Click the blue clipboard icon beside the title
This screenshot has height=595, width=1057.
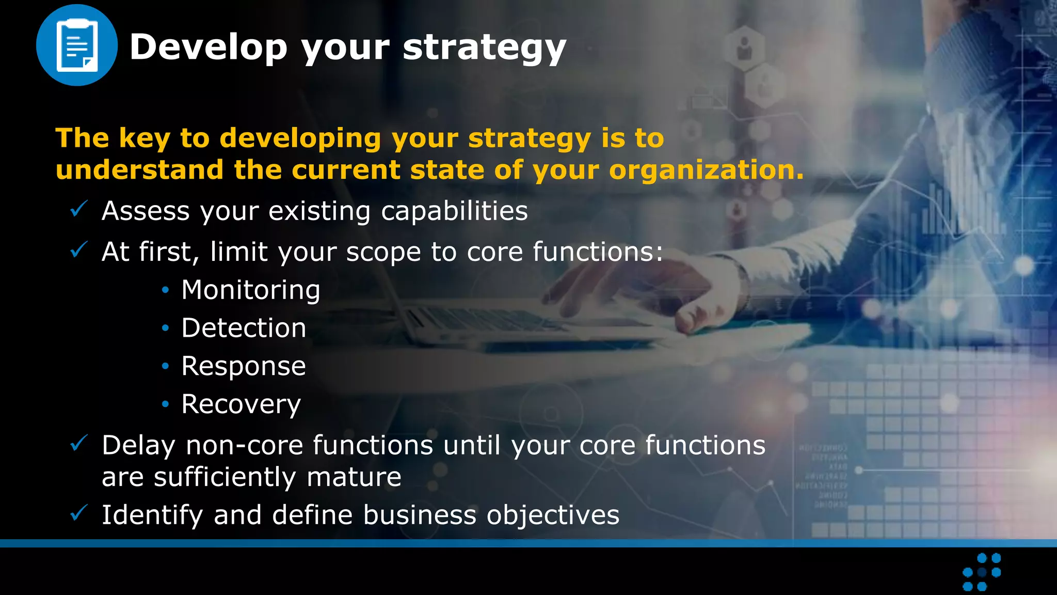click(77, 45)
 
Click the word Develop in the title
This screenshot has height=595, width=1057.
click(208, 48)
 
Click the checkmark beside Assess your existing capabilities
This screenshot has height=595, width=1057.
click(79, 209)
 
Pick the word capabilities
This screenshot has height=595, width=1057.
click(454, 211)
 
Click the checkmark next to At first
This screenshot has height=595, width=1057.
click(79, 250)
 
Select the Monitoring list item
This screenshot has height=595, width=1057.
click(251, 290)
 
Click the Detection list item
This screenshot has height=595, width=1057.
click(244, 328)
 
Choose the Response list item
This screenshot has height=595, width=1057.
click(244, 366)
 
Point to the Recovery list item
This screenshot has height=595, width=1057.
click(241, 404)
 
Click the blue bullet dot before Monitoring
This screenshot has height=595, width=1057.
click(165, 290)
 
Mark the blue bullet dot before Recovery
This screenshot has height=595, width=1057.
click(165, 404)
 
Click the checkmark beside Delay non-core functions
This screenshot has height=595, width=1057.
click(79, 443)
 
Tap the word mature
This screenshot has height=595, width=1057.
click(354, 477)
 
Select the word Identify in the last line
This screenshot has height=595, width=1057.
click(152, 515)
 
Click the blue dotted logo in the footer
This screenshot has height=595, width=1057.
click(982, 572)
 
